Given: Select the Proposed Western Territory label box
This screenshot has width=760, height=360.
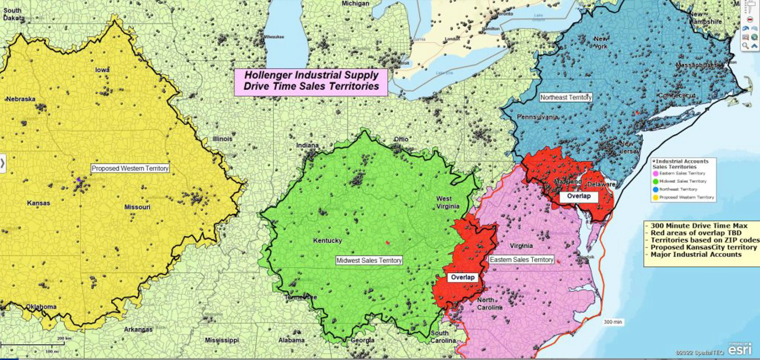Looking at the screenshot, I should pos(130,168).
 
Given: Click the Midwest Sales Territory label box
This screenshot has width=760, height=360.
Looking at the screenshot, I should pos(369,260).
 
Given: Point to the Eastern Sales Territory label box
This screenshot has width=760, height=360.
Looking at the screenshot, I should pos(521,260).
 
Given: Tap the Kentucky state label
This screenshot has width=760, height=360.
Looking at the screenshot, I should pos(327,240).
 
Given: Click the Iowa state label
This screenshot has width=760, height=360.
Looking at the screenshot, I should pos(102,70).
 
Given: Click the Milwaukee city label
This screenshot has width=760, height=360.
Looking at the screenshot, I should pos(274,37).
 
